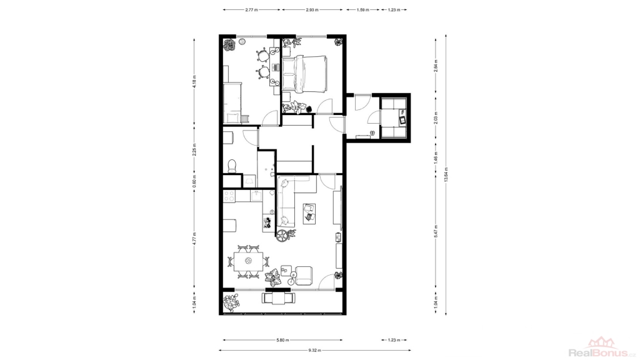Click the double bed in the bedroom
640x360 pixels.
click(x=304, y=74)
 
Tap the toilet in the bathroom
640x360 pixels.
click(x=232, y=165)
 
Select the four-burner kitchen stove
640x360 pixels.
click(x=229, y=196)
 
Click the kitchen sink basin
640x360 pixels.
click(x=256, y=196)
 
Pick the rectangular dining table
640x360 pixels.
click(x=249, y=261)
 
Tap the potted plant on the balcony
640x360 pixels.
click(x=231, y=303)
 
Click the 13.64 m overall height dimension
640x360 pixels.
click(x=446, y=175)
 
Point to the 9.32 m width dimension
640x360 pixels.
click(x=315, y=350)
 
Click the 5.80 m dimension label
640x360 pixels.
click(x=282, y=339)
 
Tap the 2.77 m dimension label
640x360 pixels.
click(x=251, y=10)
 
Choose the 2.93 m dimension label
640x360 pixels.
click(x=312, y=10)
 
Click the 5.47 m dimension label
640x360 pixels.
click(x=436, y=231)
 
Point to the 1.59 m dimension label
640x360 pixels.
click(x=363, y=10)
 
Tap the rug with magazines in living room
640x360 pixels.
click(x=309, y=214)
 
